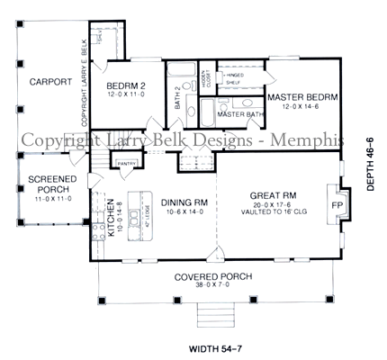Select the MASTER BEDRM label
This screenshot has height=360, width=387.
pyautogui.click(x=302, y=97)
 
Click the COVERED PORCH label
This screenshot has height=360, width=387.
pyautogui.click(x=213, y=276)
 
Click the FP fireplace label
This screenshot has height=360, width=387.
pyautogui.click(x=338, y=203)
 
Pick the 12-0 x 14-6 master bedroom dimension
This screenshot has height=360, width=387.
pyautogui.click(x=302, y=107)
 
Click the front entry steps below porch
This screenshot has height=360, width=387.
pyautogui.click(x=214, y=314)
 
